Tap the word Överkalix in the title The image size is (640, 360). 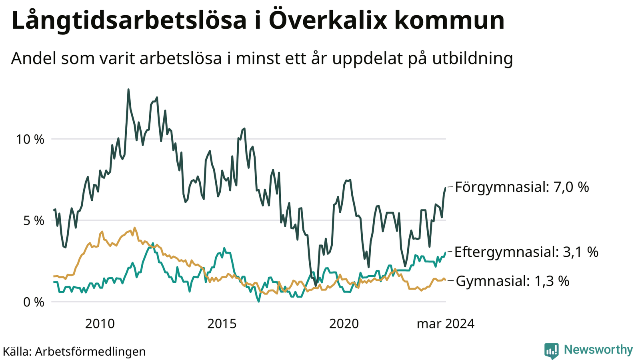pos(328,20)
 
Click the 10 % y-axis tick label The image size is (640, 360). pos(30,140)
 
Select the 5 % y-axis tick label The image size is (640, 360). pos(34,221)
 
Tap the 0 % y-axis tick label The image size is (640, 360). pos(34,302)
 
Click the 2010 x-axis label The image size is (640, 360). pos(100,324)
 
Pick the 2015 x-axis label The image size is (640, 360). pos(222,324)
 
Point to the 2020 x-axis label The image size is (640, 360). pos(344,324)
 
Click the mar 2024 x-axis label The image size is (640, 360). pos(446,324)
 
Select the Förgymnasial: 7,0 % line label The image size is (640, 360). pos(522,187)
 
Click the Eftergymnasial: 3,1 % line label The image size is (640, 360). pos(526,252)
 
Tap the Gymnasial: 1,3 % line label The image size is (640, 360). pos(512,281)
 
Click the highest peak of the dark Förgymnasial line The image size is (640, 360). pos(128,90)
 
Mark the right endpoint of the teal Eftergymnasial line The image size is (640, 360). pos(446,252)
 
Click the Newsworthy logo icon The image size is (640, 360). pos(552,350)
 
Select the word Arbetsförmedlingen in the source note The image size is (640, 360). pos(90,352)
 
